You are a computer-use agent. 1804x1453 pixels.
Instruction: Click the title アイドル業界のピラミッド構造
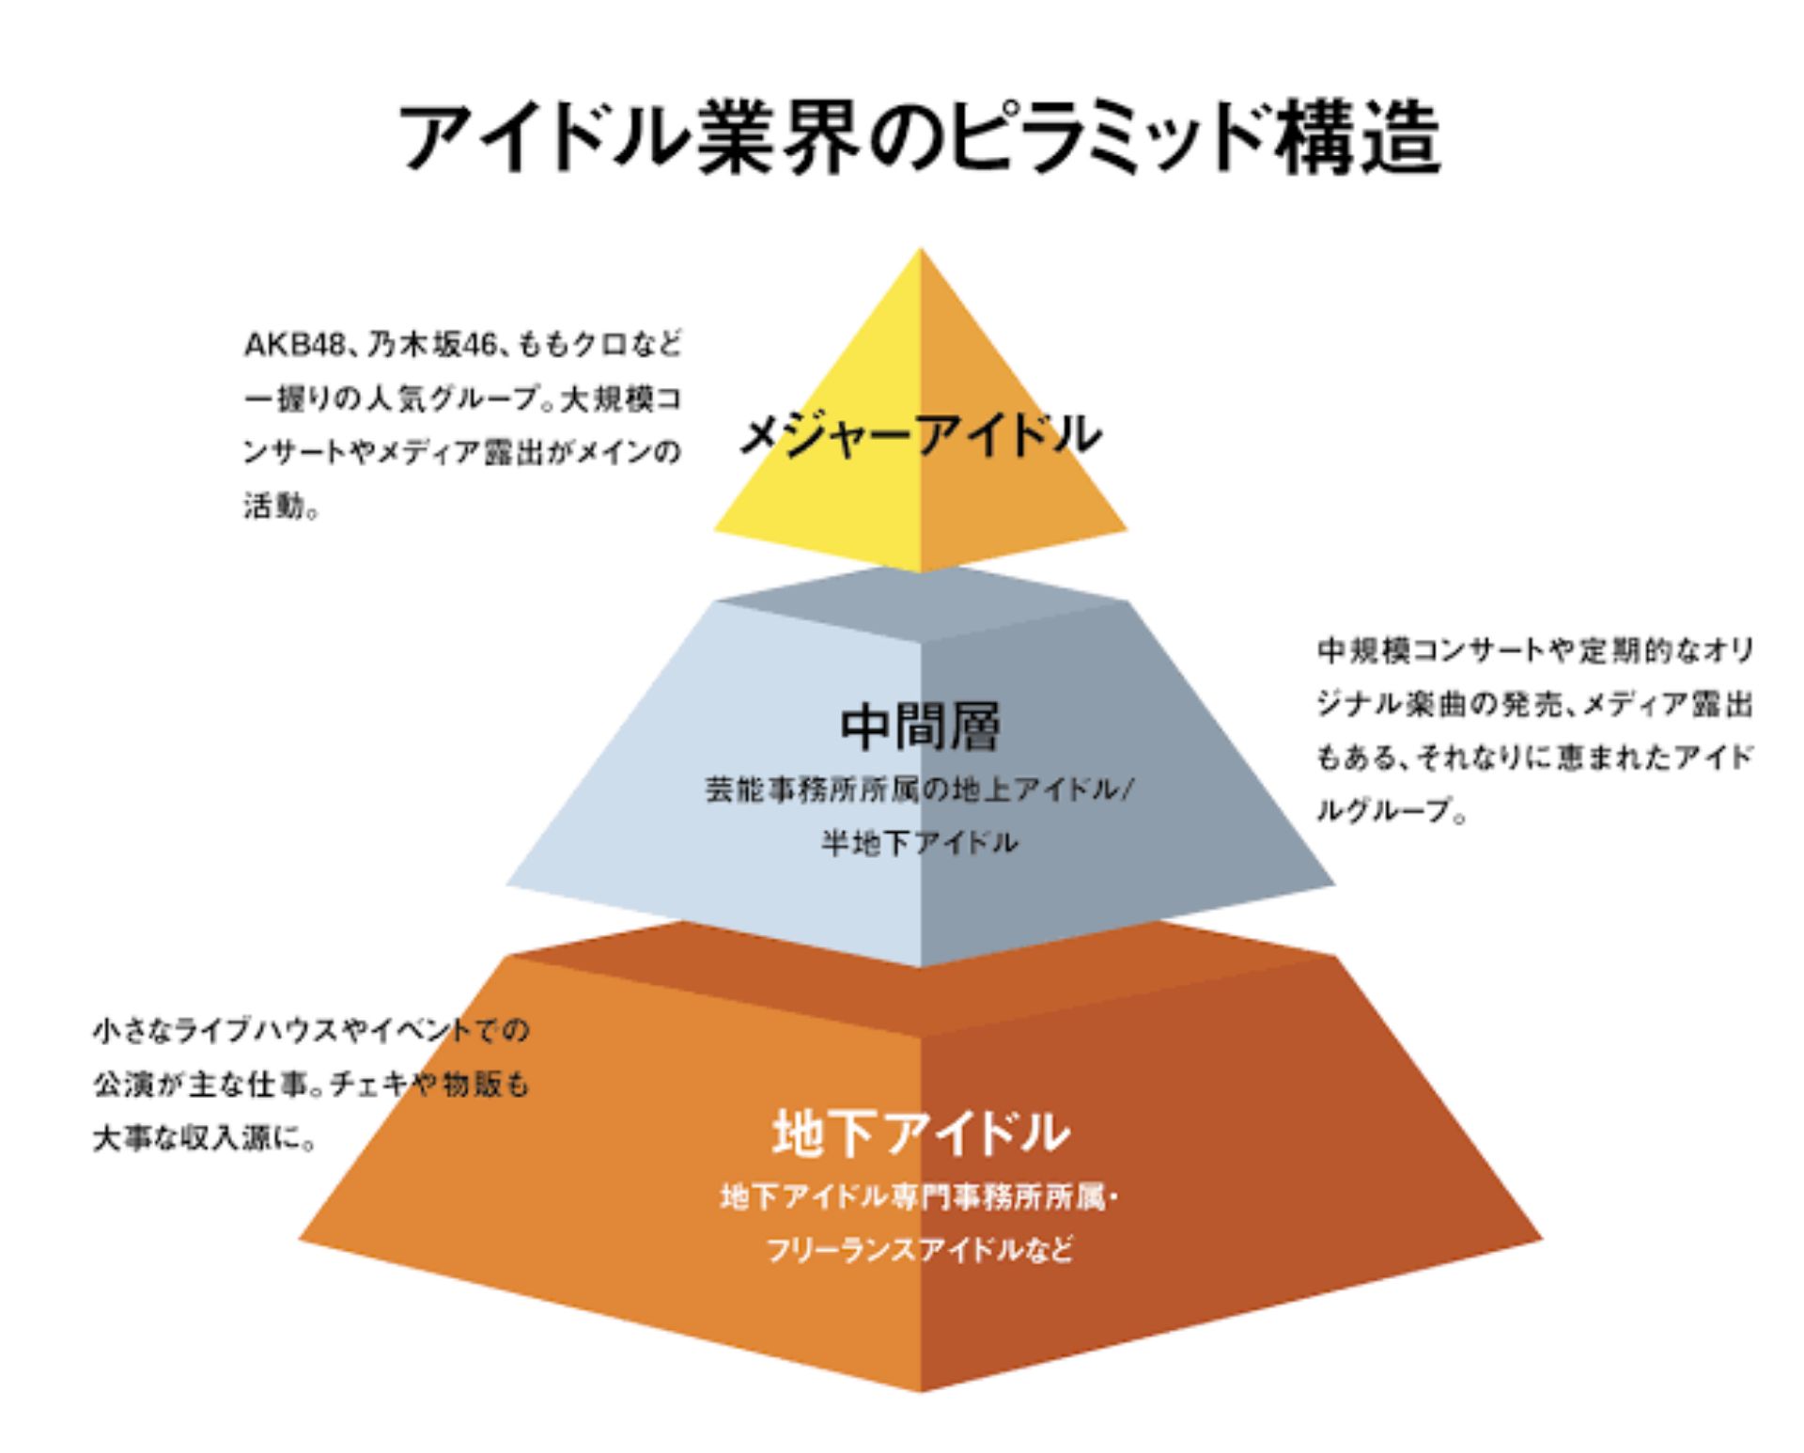click(x=919, y=138)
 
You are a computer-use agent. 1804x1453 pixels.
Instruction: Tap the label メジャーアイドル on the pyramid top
click(x=920, y=434)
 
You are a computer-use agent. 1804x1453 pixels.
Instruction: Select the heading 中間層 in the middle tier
click(x=920, y=726)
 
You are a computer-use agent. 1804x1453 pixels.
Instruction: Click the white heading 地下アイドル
click(x=920, y=1133)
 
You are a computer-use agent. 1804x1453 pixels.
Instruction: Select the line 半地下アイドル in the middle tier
click(x=920, y=842)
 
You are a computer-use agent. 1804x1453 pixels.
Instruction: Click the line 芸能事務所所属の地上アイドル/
click(x=920, y=789)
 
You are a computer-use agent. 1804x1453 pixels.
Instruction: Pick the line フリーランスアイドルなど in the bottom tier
click(x=920, y=1250)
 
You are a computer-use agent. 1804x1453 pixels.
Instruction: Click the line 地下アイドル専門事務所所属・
click(x=920, y=1197)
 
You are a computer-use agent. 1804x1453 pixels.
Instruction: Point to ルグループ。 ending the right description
click(x=1391, y=811)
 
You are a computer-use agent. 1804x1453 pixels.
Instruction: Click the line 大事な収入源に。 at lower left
click(x=204, y=1139)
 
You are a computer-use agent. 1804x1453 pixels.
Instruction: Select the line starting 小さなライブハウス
click(x=311, y=1031)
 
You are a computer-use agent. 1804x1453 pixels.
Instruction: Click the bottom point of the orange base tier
click(x=920, y=1387)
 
